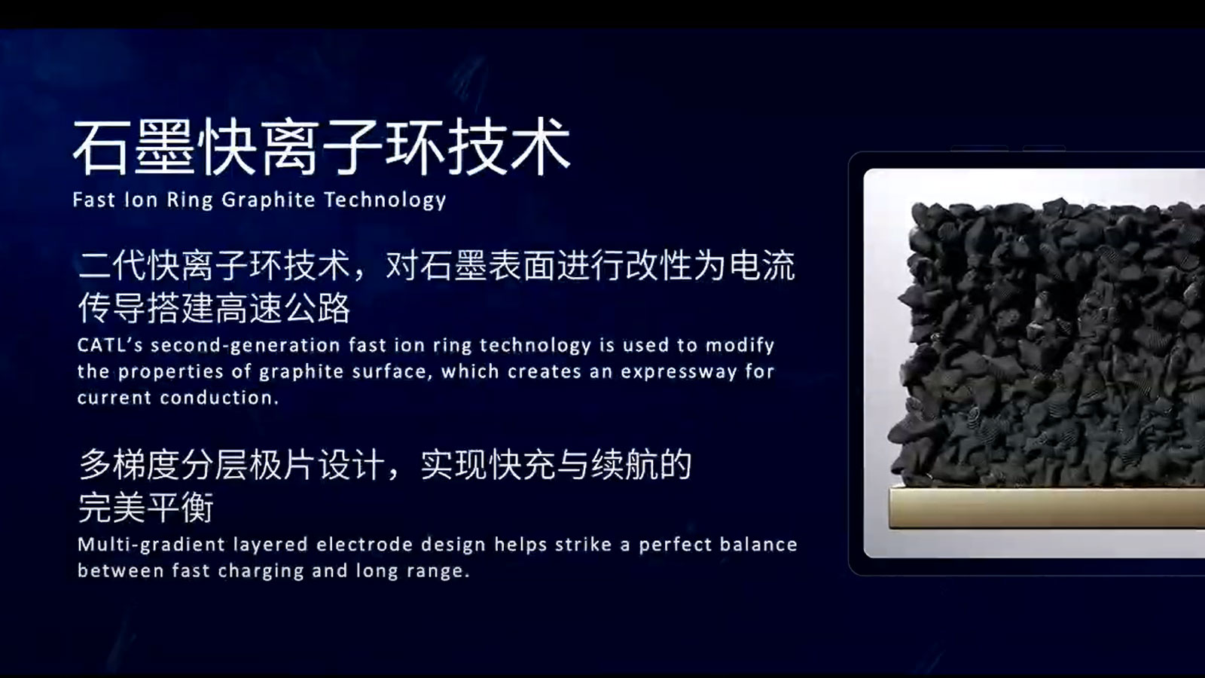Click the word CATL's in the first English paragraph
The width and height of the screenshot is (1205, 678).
coord(110,345)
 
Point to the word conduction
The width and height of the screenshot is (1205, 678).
coord(219,398)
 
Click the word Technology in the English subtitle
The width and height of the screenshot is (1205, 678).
coord(385,200)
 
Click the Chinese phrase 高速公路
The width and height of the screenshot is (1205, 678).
coord(282,308)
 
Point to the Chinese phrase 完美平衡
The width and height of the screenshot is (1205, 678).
coord(146,507)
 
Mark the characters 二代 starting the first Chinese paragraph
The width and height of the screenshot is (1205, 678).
coord(112,265)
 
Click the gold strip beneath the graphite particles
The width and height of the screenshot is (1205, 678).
coord(1047,508)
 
